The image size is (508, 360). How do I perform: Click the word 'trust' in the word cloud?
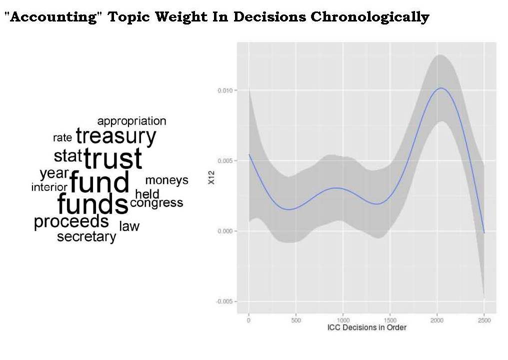[113, 159]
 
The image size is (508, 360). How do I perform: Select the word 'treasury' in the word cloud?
[116, 136]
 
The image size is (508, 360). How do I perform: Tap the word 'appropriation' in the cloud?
[131, 121]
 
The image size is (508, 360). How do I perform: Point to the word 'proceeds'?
[71, 221]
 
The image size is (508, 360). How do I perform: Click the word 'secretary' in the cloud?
[86, 237]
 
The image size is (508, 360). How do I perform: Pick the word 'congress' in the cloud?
[156, 203]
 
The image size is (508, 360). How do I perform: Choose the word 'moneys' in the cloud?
[166, 180]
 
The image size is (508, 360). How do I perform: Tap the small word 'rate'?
[62, 138]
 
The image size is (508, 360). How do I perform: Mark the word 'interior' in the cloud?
[49, 187]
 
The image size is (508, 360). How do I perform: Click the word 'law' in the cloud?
[129, 226]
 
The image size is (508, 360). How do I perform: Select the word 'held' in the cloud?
[147, 194]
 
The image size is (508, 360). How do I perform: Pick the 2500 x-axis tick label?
[484, 320]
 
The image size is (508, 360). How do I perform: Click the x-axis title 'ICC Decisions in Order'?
[366, 328]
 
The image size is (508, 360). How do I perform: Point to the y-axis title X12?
[211, 181]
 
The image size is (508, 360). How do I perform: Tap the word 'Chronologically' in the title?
[369, 17]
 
